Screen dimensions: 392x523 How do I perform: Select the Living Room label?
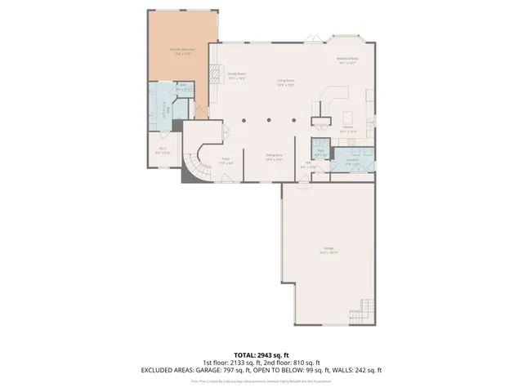click(x=284, y=82)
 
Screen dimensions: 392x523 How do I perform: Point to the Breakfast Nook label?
click(x=347, y=60)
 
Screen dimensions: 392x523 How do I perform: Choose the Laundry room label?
click(x=352, y=161)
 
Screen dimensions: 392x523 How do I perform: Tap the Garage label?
click(x=329, y=249)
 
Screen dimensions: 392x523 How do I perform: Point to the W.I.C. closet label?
click(x=163, y=149)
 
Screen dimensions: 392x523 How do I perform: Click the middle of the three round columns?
click(x=266, y=122)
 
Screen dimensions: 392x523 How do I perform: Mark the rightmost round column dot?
click(x=289, y=122)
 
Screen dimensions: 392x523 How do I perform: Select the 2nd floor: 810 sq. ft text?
click(x=292, y=363)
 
